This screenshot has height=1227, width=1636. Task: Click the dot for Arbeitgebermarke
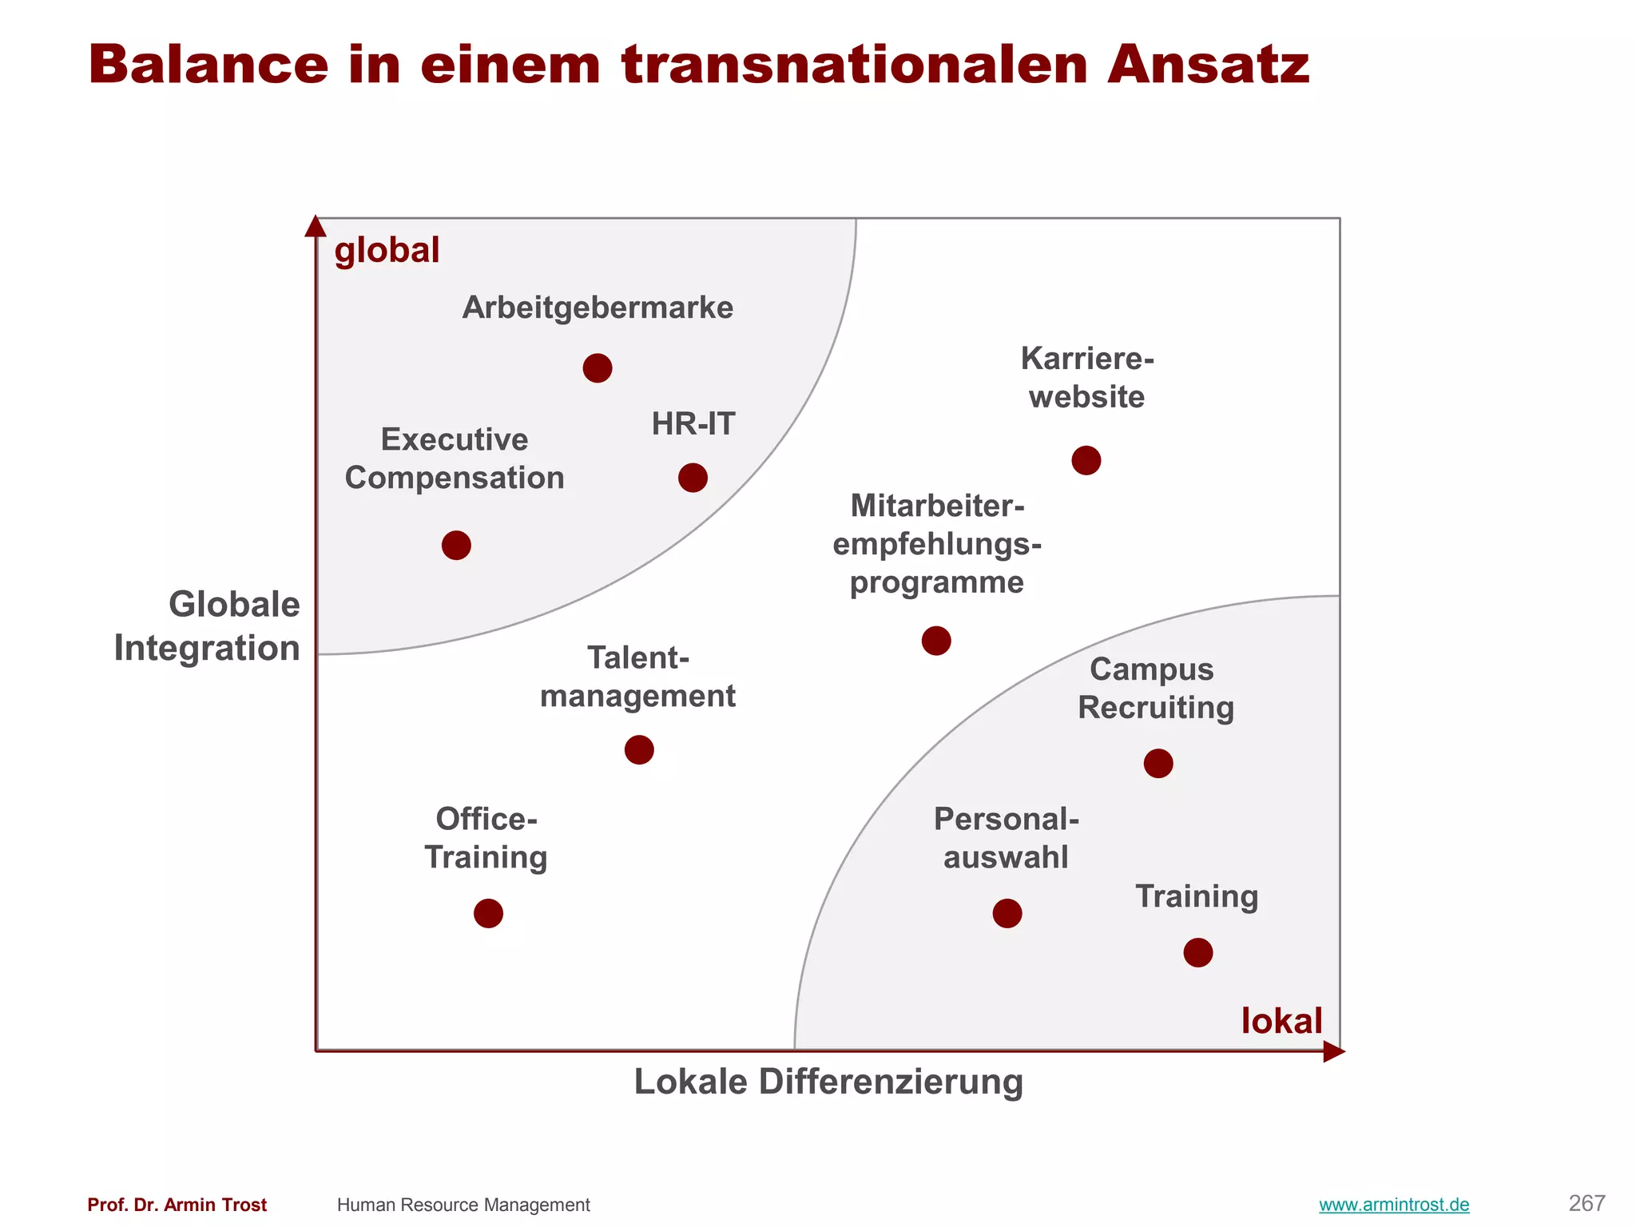[598, 368]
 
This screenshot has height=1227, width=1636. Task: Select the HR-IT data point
[693, 478]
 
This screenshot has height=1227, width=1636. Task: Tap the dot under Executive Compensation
[456, 546]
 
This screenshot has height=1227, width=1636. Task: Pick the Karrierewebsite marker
[1086, 460]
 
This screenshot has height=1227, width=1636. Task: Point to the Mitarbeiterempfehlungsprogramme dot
[936, 641]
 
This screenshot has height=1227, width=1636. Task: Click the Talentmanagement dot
[639, 750]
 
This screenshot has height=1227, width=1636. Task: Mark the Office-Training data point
[488, 913]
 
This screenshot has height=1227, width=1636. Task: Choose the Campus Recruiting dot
[1158, 764]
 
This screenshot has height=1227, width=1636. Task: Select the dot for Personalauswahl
[1007, 913]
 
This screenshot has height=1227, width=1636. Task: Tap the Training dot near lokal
[1198, 952]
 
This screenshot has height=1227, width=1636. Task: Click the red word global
[387, 251]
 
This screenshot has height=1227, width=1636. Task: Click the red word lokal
[1281, 1022]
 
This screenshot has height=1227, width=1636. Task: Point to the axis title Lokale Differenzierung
[828, 1082]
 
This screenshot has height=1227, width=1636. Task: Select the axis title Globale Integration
[208, 626]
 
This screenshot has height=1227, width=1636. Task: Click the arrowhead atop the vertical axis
[316, 226]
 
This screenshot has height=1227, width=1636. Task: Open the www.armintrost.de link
[1394, 1205]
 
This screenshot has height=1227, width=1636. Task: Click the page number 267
[1586, 1203]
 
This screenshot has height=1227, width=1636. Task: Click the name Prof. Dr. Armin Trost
[177, 1205]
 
